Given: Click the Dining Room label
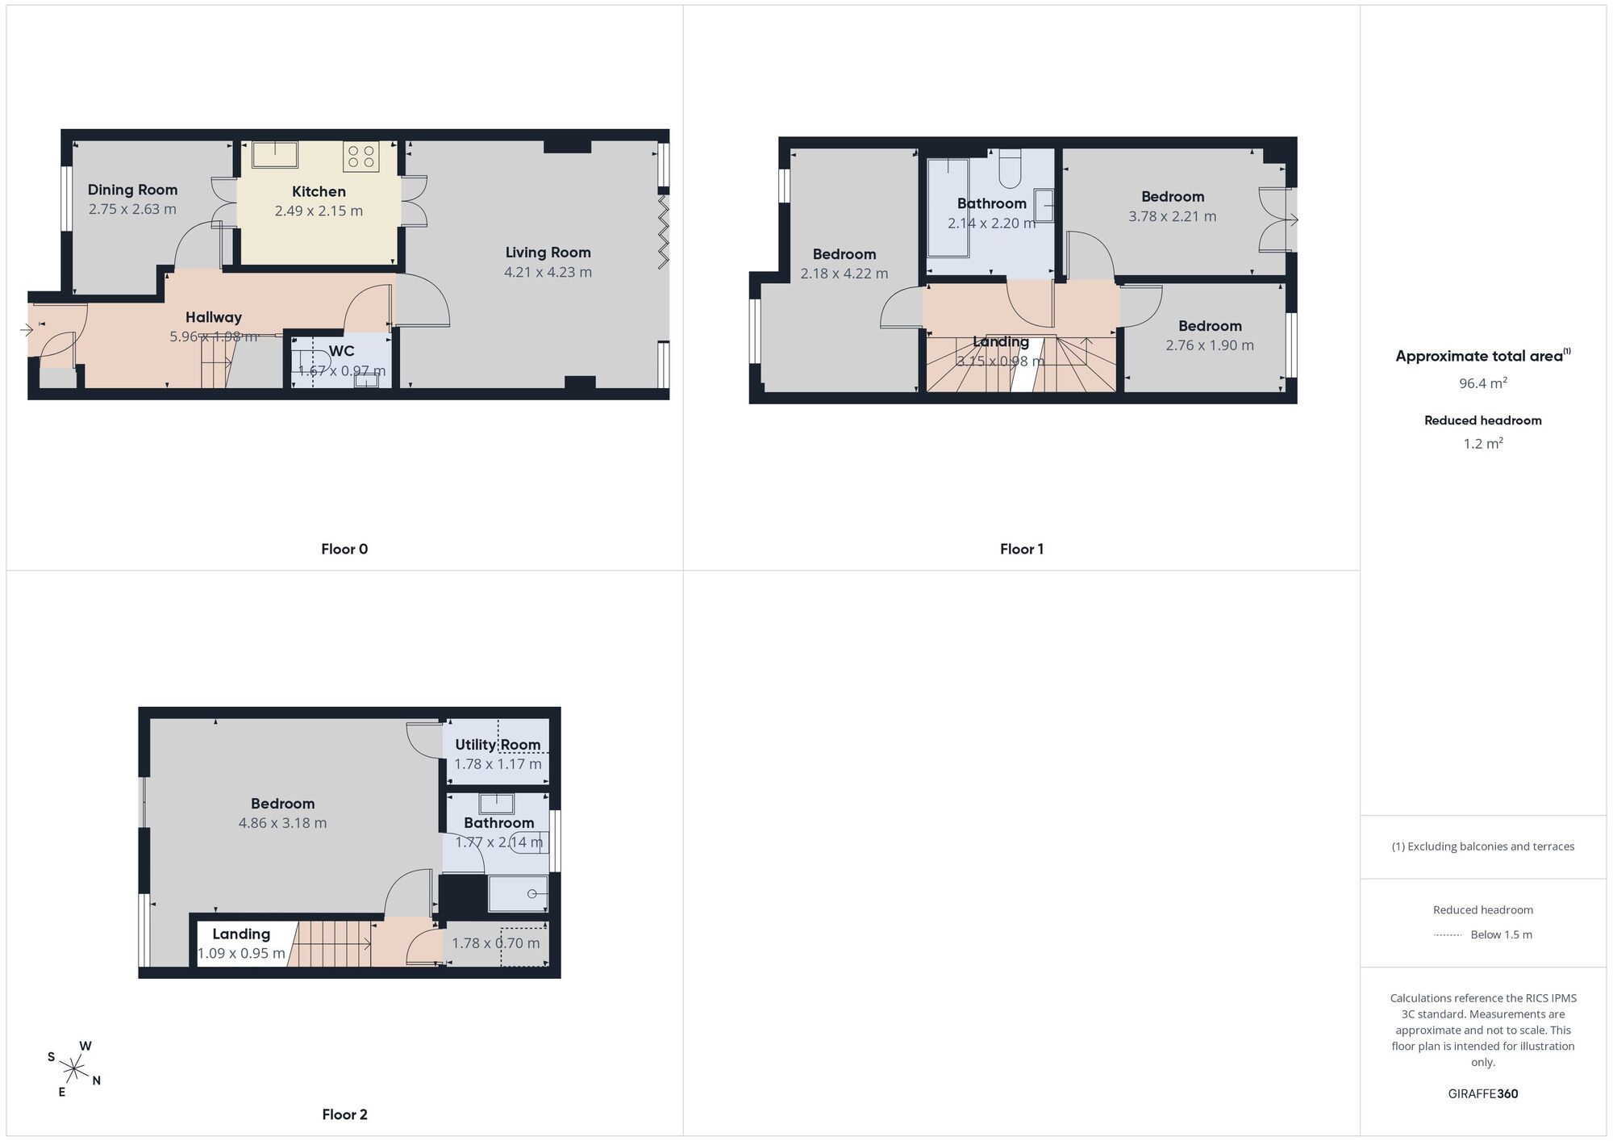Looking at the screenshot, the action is (x=132, y=190).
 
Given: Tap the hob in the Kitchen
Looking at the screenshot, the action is (x=361, y=156).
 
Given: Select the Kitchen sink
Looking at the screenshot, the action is (x=275, y=153).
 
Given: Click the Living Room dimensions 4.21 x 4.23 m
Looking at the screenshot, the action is (x=548, y=272).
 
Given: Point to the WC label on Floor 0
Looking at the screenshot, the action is (x=342, y=351).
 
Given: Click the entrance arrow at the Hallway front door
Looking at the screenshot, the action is (x=27, y=329).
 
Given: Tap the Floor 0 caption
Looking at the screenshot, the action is (x=344, y=549).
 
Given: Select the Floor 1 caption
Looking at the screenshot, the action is (x=1022, y=549).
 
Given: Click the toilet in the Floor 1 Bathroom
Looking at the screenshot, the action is (x=1011, y=168).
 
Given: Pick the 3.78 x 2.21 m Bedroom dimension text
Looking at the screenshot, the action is (x=1172, y=216).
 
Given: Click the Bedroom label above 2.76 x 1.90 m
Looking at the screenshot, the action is (x=1210, y=326).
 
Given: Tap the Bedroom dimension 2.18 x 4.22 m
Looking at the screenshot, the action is (x=844, y=274).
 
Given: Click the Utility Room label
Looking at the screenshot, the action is (x=498, y=745).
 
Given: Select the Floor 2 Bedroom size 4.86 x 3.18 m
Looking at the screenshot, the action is (x=282, y=823).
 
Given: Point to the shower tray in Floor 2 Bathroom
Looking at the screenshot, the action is (x=519, y=894).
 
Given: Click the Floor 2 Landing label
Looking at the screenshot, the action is (x=241, y=934).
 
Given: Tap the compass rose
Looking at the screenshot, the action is (x=73, y=1070).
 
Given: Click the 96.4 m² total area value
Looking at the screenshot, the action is (x=1483, y=383).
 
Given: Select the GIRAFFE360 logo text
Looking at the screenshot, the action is (x=1483, y=1094).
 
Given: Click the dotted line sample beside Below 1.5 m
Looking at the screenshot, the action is (x=1448, y=935).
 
